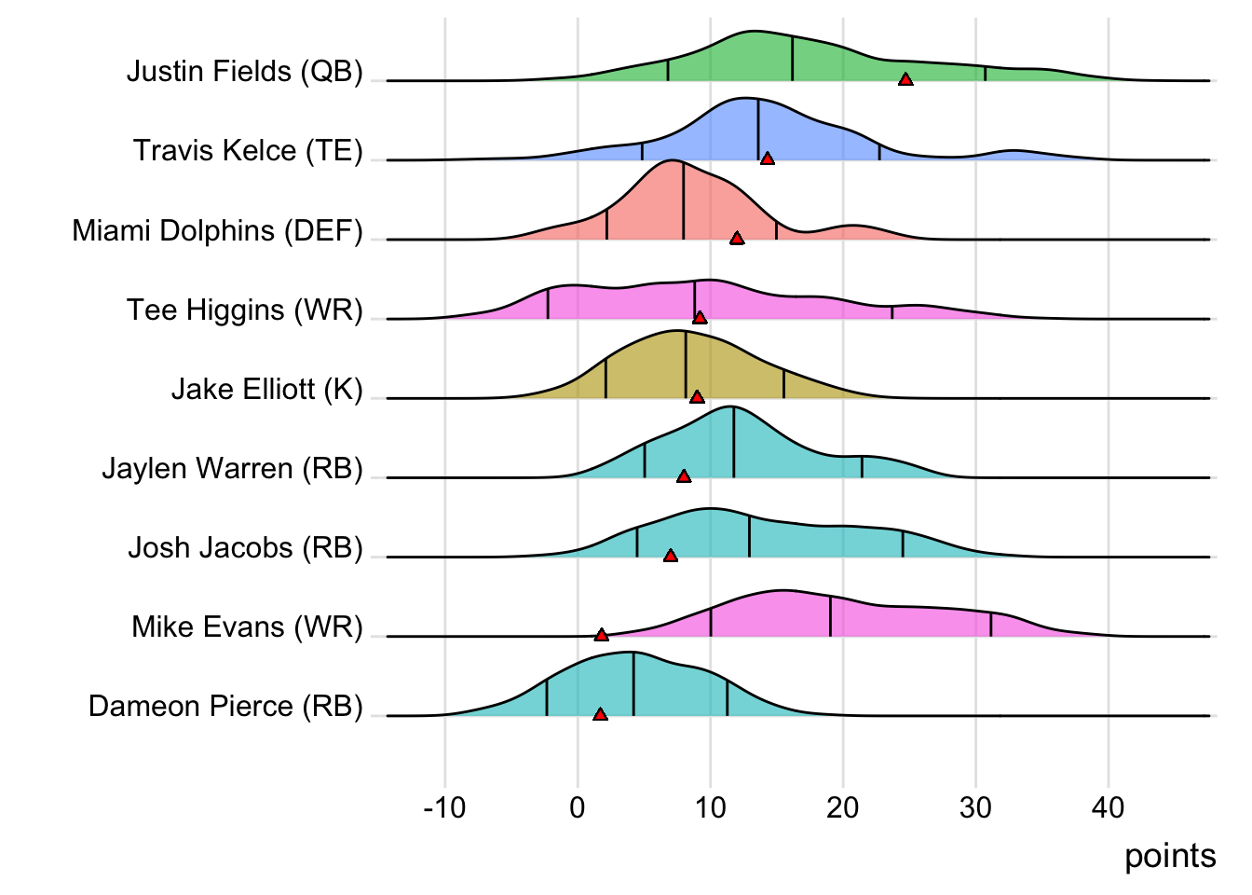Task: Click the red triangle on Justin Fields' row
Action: click(x=905, y=80)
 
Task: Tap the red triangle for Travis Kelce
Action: click(x=768, y=159)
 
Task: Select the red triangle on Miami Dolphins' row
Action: click(x=737, y=239)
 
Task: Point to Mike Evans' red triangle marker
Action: click(x=602, y=635)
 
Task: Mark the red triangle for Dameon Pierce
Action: click(x=600, y=715)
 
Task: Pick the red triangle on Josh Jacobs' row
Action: click(x=671, y=556)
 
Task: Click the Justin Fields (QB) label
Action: click(x=244, y=71)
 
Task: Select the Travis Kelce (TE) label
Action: click(x=248, y=150)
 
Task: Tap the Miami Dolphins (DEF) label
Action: click(x=217, y=230)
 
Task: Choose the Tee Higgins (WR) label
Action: click(x=244, y=310)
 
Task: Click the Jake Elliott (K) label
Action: click(x=266, y=389)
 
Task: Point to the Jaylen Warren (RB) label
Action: click(x=232, y=468)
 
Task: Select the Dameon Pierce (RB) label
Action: click(x=225, y=706)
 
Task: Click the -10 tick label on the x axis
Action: click(x=444, y=807)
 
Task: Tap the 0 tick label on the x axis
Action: click(x=578, y=807)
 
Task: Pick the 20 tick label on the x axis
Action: click(x=843, y=807)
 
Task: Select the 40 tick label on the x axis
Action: click(x=1109, y=807)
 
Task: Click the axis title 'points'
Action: click(x=1170, y=856)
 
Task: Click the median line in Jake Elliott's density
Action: click(x=686, y=365)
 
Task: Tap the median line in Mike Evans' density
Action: click(x=830, y=617)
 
